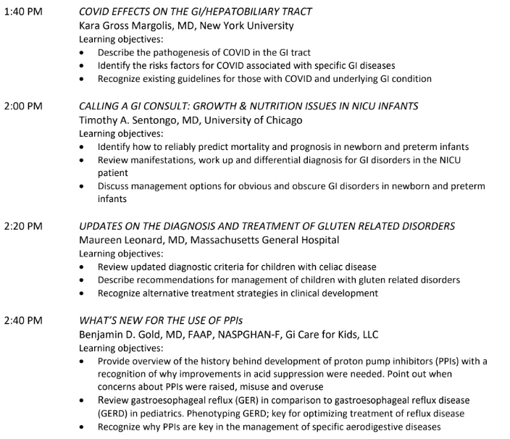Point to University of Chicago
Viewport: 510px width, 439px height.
click(256, 120)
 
